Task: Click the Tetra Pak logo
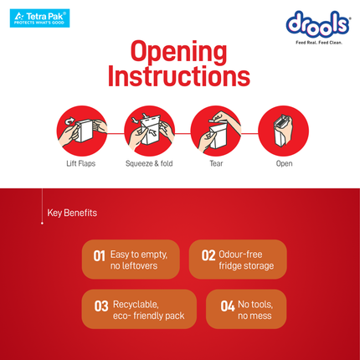(39, 18)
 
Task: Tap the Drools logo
(318, 24)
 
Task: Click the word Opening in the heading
(178, 53)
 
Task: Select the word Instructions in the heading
(179, 76)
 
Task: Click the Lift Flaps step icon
(82, 131)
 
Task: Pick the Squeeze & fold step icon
(149, 131)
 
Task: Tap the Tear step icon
(216, 131)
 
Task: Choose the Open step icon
(283, 131)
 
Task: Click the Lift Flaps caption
(81, 163)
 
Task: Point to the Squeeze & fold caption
(149, 163)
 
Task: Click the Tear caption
(216, 163)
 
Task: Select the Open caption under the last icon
(284, 164)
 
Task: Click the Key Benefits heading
(72, 213)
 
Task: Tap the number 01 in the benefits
(99, 256)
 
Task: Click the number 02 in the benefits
(208, 255)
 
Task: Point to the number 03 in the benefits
(101, 306)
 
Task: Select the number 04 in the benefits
(228, 306)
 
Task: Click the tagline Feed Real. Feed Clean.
(319, 43)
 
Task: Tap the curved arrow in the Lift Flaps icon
(69, 121)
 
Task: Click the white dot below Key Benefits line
(42, 224)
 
